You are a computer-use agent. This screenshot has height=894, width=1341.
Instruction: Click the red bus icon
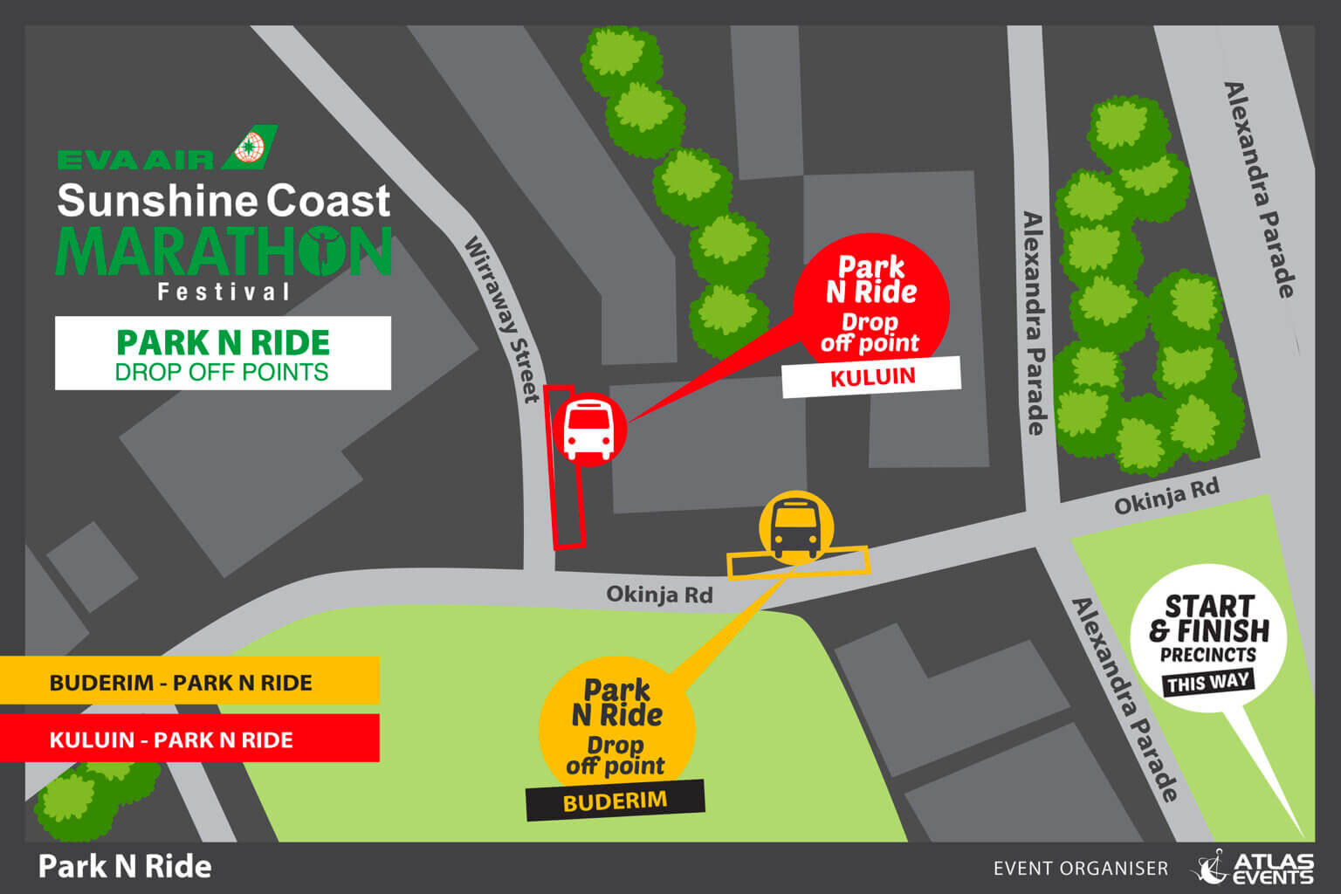pyautogui.click(x=588, y=430)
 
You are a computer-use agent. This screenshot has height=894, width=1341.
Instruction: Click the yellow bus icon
pyautogui.click(x=795, y=527)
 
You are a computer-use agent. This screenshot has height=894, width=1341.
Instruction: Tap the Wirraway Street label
pyautogui.click(x=502, y=319)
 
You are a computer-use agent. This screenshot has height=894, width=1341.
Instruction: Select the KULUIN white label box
pyautogui.click(x=871, y=377)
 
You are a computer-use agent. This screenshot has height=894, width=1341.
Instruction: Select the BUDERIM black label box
pyautogui.click(x=615, y=801)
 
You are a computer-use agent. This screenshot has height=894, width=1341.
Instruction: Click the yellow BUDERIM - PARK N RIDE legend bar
pyautogui.click(x=189, y=682)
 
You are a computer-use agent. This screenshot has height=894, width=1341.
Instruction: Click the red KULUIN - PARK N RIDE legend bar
pyautogui.click(x=189, y=739)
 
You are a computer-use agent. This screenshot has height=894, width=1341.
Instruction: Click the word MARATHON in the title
pyautogui.click(x=223, y=253)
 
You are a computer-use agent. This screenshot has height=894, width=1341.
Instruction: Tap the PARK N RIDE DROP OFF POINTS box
pyautogui.click(x=223, y=354)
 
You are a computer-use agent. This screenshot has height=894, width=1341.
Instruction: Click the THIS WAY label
pyautogui.click(x=1207, y=682)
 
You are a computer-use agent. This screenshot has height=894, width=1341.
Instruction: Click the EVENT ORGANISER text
pyautogui.click(x=1080, y=869)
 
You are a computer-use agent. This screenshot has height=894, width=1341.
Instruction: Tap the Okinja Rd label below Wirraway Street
pyautogui.click(x=659, y=595)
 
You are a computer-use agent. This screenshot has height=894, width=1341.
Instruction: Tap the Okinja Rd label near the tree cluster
pyautogui.click(x=1166, y=498)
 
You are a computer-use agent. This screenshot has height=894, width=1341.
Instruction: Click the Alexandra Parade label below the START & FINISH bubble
pyautogui.click(x=1124, y=698)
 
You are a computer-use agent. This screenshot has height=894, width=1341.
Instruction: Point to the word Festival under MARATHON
pyautogui.click(x=223, y=292)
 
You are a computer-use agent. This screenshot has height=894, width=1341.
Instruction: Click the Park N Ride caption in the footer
pyautogui.click(x=125, y=867)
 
